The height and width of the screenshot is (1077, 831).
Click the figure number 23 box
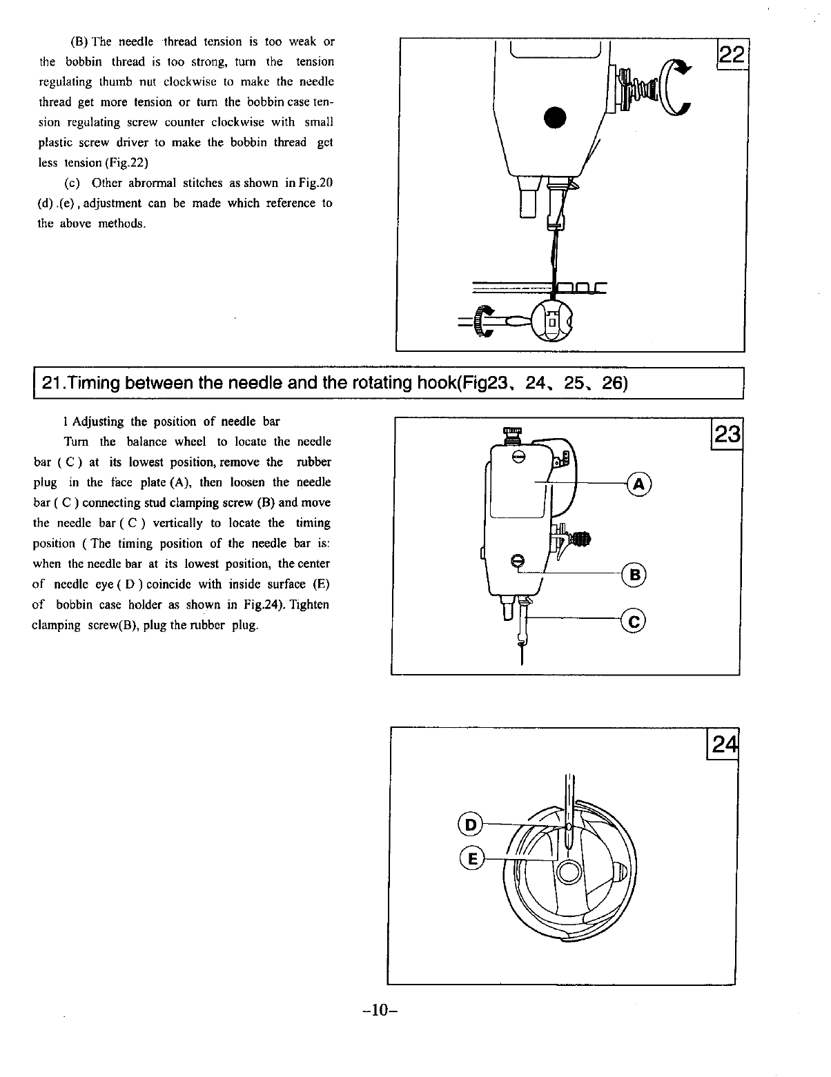click(727, 434)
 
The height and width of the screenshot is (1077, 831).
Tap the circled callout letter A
click(638, 484)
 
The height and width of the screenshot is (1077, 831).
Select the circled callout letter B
click(633, 574)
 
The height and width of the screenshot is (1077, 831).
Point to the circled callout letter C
click(633, 622)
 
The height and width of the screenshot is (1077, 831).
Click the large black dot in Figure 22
click(556, 117)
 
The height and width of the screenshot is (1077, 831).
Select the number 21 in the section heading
click(52, 382)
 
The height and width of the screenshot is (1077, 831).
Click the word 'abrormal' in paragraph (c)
click(153, 183)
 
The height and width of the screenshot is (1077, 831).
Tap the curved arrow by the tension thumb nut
click(676, 86)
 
